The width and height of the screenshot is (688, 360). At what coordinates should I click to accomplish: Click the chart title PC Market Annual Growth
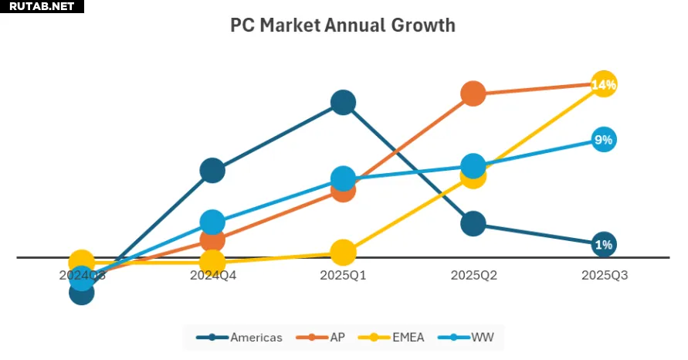[343, 25]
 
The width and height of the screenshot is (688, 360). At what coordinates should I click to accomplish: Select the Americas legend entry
[240, 338]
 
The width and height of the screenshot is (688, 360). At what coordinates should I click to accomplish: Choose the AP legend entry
[327, 338]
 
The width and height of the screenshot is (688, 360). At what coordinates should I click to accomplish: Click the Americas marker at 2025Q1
[343, 102]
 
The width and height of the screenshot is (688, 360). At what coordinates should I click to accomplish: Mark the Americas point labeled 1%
[604, 245]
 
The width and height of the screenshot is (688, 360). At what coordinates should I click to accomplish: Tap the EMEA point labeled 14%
[604, 84]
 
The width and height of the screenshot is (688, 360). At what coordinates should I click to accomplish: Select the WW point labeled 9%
[604, 140]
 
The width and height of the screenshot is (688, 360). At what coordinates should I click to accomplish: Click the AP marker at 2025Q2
[473, 93]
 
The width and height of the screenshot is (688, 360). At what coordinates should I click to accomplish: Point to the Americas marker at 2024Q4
[212, 170]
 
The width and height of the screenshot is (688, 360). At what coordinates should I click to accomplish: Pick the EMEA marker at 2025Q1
[343, 252]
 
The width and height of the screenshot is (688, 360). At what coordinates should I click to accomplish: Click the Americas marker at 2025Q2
[473, 224]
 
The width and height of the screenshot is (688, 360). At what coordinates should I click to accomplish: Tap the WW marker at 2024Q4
[212, 222]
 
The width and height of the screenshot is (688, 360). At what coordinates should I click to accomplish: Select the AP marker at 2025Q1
[343, 190]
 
